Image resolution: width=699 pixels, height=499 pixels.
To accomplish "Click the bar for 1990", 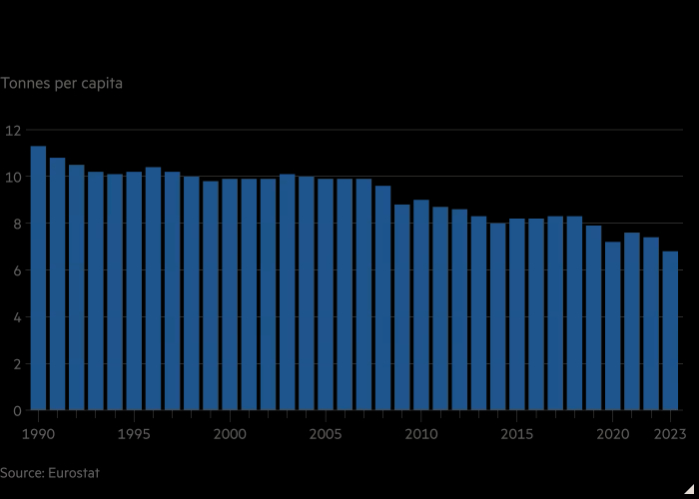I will [38, 278].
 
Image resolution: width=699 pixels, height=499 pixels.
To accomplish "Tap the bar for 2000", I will [230, 294].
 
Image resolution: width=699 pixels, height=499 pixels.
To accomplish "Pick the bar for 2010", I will [421, 305].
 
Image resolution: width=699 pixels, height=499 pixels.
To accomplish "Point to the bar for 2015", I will [517, 314].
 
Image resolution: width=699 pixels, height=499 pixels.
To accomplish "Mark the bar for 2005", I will [326, 294].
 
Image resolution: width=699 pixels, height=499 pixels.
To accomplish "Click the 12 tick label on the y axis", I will [12, 130].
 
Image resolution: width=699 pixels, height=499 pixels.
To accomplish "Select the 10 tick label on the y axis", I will [12, 177].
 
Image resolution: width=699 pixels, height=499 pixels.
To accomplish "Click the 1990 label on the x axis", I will [38, 433].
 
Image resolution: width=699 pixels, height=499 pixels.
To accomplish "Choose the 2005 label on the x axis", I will [326, 433].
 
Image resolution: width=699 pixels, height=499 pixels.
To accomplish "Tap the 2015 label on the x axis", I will [517, 433].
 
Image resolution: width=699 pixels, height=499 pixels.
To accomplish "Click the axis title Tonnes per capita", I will [61, 83].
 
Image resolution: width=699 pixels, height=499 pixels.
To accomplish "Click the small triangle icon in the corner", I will [688, 488].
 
